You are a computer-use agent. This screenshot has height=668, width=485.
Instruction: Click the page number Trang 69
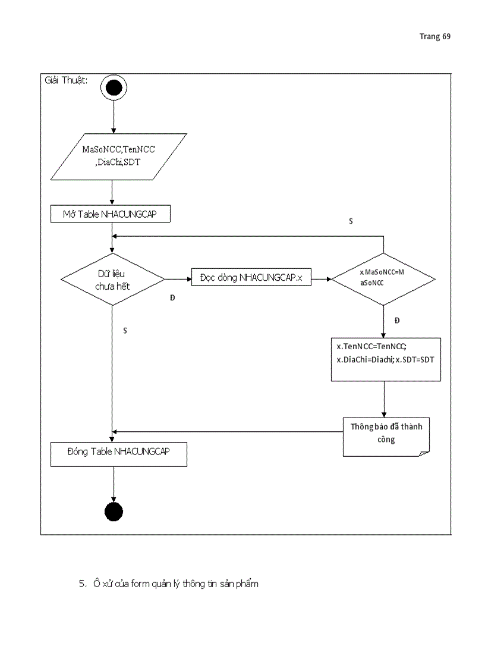pyautogui.click(x=434, y=37)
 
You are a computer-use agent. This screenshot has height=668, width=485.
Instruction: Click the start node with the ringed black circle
pyautogui.click(x=113, y=89)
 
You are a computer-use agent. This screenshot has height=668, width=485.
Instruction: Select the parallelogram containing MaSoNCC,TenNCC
pyautogui.click(x=118, y=156)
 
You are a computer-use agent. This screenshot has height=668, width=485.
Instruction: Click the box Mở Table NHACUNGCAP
pyautogui.click(x=110, y=214)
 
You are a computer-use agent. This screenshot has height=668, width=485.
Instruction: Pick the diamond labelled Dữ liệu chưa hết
pyautogui.click(x=113, y=279)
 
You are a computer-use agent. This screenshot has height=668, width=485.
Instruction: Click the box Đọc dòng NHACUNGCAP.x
pyautogui.click(x=251, y=277)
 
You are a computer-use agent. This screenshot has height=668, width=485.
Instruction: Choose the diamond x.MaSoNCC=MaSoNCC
pyautogui.click(x=383, y=278)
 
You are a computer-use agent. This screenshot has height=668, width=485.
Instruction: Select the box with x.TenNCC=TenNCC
pyautogui.click(x=386, y=359)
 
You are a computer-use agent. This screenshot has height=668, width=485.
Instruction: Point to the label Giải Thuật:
pyautogui.click(x=67, y=80)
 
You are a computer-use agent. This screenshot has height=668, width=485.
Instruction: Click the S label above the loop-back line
pyautogui.click(x=351, y=221)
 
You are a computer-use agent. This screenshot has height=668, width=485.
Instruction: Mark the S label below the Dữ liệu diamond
pyautogui.click(x=125, y=330)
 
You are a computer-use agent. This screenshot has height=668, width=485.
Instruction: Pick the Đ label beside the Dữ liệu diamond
pyautogui.click(x=172, y=297)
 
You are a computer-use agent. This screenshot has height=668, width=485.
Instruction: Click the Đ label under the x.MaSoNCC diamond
pyautogui.click(x=397, y=321)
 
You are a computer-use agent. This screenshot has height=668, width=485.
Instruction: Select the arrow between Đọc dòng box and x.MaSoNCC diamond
pyautogui.click(x=321, y=278)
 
